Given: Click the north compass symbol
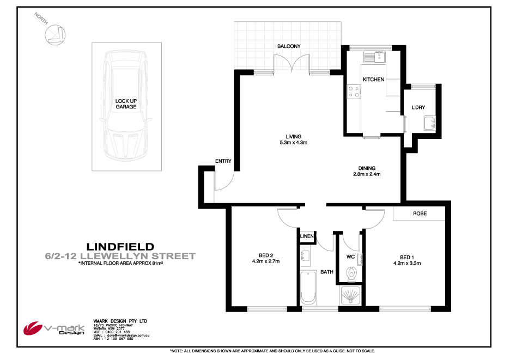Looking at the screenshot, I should coord(55,33).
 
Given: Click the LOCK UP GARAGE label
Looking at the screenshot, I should coord(125,104).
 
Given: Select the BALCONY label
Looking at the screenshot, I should coord(289,47).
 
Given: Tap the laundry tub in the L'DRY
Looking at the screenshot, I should coord(430,124).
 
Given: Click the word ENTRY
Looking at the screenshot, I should coord(223,161).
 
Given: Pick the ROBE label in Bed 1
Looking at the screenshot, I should coord(420,214).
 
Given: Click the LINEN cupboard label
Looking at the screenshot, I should coord(307,236).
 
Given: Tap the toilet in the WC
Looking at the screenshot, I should coord(351,272).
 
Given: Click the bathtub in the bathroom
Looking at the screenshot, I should coord(308,289).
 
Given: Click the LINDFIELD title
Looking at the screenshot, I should coord(121,246).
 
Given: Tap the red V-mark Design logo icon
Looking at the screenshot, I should coord(34,328).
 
